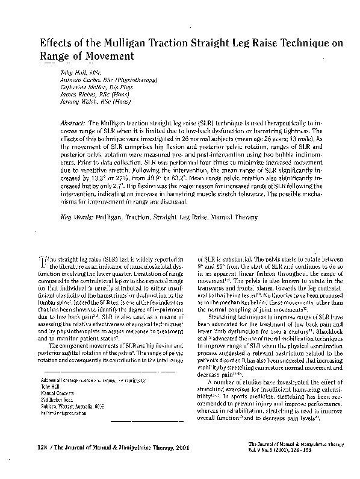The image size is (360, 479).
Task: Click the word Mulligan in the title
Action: pos(125,44)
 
